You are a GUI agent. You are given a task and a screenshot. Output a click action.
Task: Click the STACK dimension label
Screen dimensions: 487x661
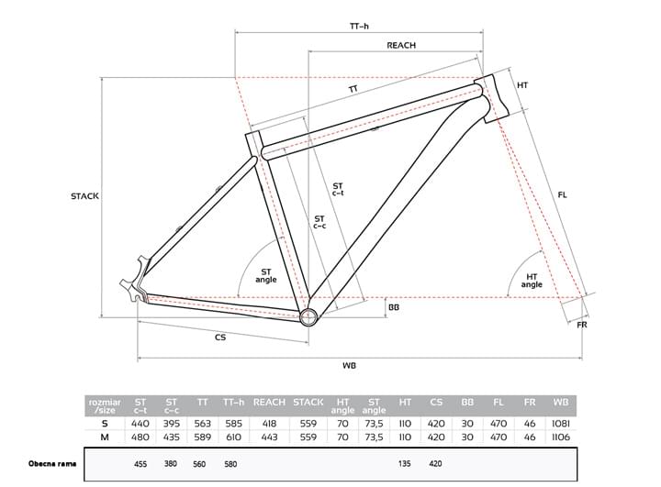[84, 196]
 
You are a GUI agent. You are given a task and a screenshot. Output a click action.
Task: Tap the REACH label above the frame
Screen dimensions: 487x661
[401, 45]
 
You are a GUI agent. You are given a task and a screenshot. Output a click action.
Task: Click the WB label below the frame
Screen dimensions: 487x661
[349, 366]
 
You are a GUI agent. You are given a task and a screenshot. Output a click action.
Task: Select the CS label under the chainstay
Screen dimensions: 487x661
[220, 338]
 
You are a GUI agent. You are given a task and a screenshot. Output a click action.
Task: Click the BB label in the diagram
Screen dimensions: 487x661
[394, 307]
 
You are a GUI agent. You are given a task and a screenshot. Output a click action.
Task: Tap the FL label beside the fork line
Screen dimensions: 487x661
[562, 194]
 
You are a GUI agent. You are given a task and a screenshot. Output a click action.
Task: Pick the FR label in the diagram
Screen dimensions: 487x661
[581, 327]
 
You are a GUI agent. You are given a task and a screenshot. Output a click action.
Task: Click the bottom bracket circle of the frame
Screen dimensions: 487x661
[308, 316]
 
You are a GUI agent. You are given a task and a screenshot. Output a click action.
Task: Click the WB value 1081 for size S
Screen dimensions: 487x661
[560, 424]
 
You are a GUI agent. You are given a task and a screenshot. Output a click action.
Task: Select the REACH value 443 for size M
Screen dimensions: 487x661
[269, 437]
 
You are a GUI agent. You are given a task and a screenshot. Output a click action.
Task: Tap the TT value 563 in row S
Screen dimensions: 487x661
[202, 424]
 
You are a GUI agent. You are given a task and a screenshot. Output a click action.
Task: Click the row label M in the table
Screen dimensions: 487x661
[105, 437]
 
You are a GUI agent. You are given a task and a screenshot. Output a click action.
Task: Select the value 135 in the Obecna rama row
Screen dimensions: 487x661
[405, 463]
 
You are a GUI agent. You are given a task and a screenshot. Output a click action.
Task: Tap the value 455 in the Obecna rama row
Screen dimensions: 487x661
[140, 463]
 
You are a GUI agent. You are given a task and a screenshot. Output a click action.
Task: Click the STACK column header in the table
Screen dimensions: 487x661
[308, 402]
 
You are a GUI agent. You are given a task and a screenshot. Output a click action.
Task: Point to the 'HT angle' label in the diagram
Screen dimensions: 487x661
[532, 280]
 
